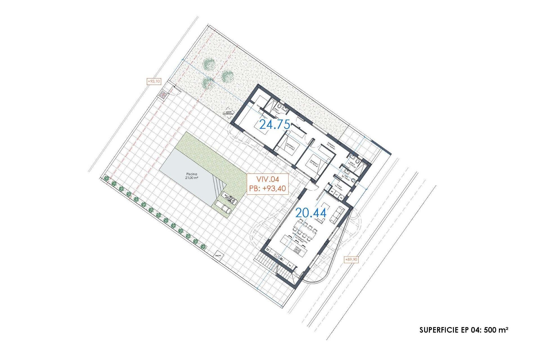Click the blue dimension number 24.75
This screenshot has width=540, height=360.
coord(274,124)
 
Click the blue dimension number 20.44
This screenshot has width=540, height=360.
coord(311,213)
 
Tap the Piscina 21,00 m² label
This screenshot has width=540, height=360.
coord(191,176)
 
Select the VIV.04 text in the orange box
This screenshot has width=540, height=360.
coord(267,179)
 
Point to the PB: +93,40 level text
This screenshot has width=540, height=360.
coord(267,188)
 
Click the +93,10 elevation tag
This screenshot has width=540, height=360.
coord(154,82)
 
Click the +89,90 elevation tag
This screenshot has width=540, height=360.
coord(351,259)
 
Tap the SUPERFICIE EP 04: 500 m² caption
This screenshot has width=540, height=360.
coord(463,330)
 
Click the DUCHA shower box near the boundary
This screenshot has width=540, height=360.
coord(218,255)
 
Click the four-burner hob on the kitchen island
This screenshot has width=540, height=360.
coord(298,250)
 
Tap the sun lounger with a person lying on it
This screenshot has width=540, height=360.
coord(230,198)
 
